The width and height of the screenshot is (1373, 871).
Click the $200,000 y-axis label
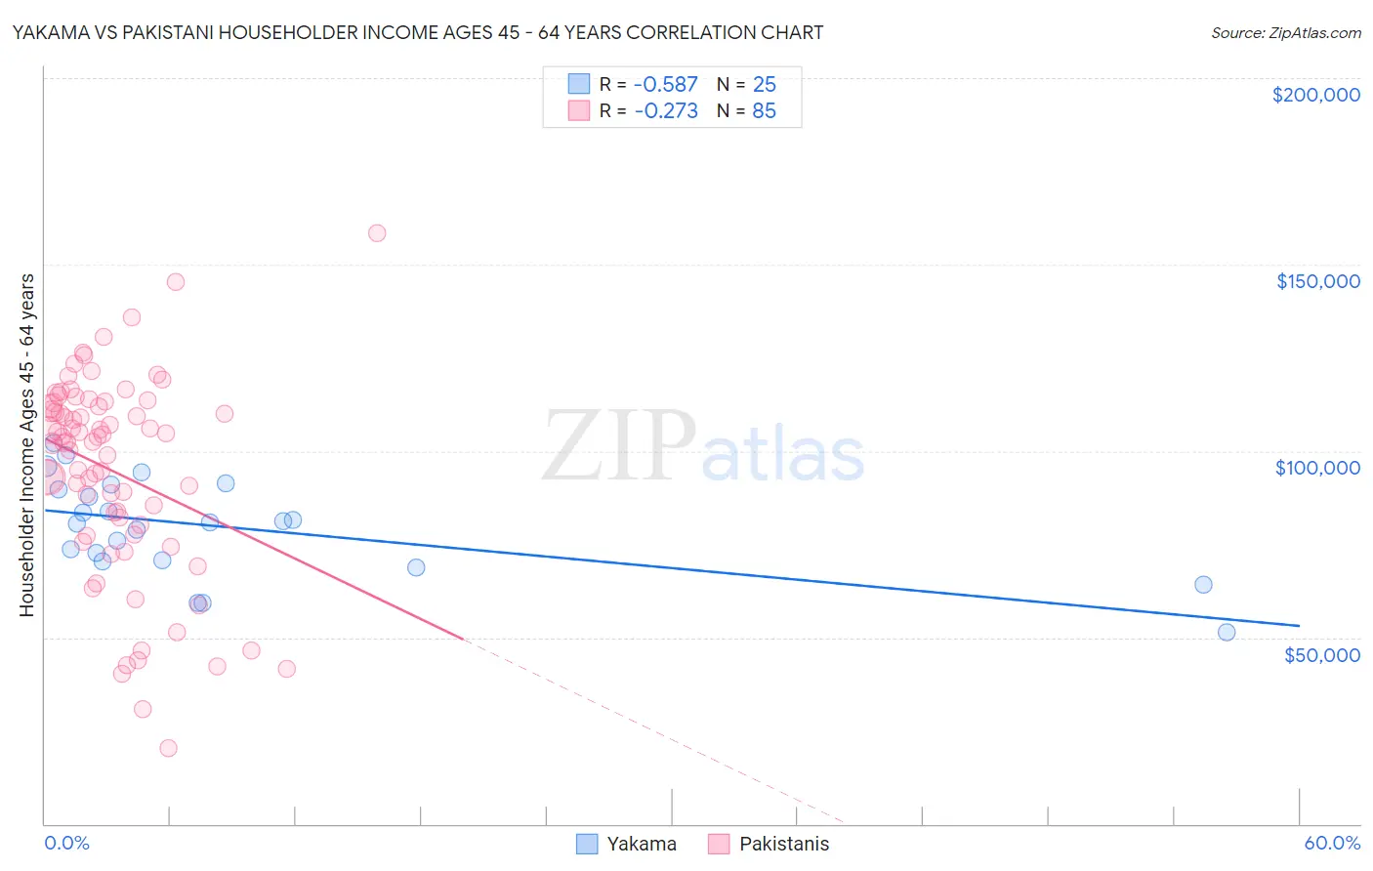(x=1315, y=95)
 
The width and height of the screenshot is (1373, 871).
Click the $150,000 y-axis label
(x=1317, y=281)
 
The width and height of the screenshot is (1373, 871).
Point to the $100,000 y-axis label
(x=1317, y=468)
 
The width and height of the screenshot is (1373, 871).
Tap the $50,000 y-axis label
(x=1321, y=654)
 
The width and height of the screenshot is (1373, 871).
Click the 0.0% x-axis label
(x=66, y=844)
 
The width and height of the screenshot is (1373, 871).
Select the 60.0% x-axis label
(x=1332, y=844)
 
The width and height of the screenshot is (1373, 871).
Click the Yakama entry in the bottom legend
(x=641, y=845)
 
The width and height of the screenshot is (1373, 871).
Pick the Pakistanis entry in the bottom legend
(x=783, y=845)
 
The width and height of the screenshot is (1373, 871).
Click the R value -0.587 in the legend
(x=666, y=85)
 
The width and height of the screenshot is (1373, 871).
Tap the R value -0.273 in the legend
(x=666, y=111)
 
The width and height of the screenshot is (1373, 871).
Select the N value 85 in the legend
(x=764, y=111)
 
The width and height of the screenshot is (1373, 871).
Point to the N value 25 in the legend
(x=764, y=85)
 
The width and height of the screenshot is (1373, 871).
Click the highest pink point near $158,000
(x=377, y=233)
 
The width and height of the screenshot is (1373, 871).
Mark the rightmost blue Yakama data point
(x=1227, y=632)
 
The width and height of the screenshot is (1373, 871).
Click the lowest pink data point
(x=168, y=748)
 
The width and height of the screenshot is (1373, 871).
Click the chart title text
(x=418, y=32)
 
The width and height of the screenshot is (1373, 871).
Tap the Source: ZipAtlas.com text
(x=1285, y=33)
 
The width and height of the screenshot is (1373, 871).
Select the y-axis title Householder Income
(x=27, y=445)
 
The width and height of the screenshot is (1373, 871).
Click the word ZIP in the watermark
(x=618, y=447)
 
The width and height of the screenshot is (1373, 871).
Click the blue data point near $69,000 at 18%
(x=416, y=567)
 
